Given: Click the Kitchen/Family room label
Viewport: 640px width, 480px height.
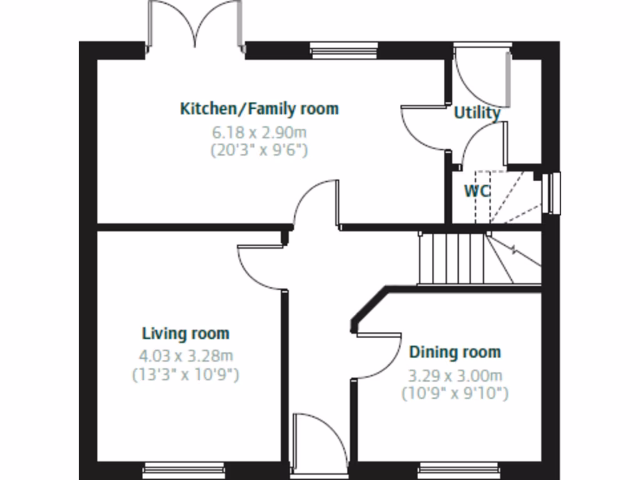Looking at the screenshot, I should point(259,109).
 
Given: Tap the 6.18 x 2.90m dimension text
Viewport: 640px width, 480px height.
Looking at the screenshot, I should point(260,132).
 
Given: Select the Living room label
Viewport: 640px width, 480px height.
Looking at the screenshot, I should point(186,333).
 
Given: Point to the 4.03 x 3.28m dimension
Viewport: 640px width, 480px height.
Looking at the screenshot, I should point(186,356).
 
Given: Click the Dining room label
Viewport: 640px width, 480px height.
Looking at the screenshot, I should point(455,352).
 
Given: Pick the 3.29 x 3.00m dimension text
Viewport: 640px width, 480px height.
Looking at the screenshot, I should point(455,376).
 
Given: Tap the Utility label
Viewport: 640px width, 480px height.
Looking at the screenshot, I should point(477,113).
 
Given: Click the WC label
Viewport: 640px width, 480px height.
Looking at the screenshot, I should point(476,191).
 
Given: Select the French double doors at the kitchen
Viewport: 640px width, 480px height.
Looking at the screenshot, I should point(195,28).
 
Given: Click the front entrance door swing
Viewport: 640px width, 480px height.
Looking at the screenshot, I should point(320,441).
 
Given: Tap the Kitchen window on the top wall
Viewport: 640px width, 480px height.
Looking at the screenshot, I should point(344,50).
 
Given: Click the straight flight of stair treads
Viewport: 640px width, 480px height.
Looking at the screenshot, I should point(452,258).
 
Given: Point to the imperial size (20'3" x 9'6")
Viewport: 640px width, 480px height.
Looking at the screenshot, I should point(260,151).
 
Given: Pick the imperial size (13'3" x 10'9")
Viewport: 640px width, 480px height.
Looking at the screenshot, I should point(186,375).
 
